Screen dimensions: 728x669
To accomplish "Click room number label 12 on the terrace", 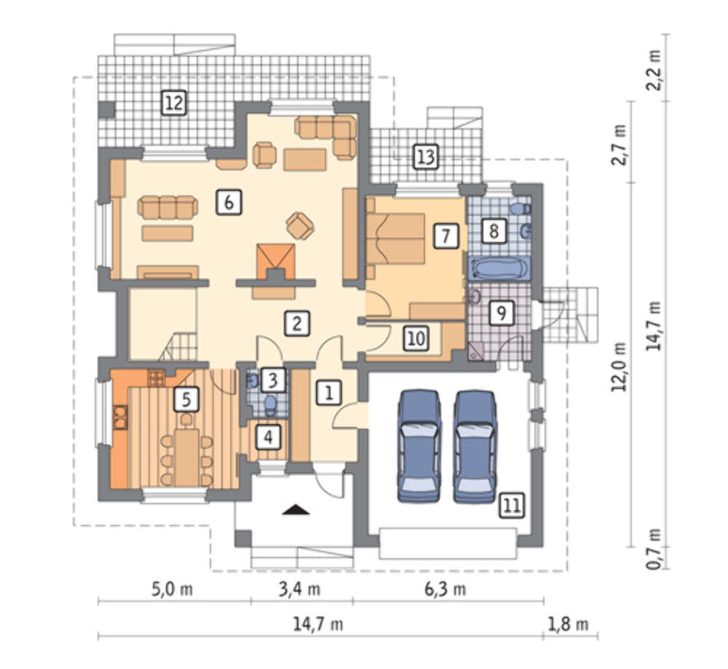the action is (x=174, y=103).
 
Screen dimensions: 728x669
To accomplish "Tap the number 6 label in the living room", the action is (x=229, y=203).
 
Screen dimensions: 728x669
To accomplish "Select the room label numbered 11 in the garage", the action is (x=512, y=505).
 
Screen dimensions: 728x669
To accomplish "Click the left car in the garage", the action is (x=419, y=446).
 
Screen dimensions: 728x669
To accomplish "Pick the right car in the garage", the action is (x=475, y=447).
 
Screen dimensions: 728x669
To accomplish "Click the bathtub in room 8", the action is (x=499, y=269).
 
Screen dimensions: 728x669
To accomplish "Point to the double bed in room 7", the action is (x=395, y=239).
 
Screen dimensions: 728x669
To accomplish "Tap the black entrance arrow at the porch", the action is (x=296, y=510).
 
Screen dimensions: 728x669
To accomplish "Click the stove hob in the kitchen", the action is (x=156, y=377).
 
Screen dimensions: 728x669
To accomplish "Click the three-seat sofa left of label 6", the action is (x=167, y=208).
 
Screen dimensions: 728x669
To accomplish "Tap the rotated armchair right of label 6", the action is (x=300, y=225).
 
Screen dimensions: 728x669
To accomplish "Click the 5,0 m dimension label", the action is (x=173, y=590).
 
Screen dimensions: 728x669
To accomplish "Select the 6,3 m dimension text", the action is (x=446, y=590).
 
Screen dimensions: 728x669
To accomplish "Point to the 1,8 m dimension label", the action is (x=569, y=625).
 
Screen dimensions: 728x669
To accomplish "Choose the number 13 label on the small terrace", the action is (x=426, y=157).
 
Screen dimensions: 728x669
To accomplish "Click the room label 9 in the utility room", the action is (x=502, y=313).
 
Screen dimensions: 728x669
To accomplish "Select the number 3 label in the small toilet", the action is (x=272, y=380).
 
